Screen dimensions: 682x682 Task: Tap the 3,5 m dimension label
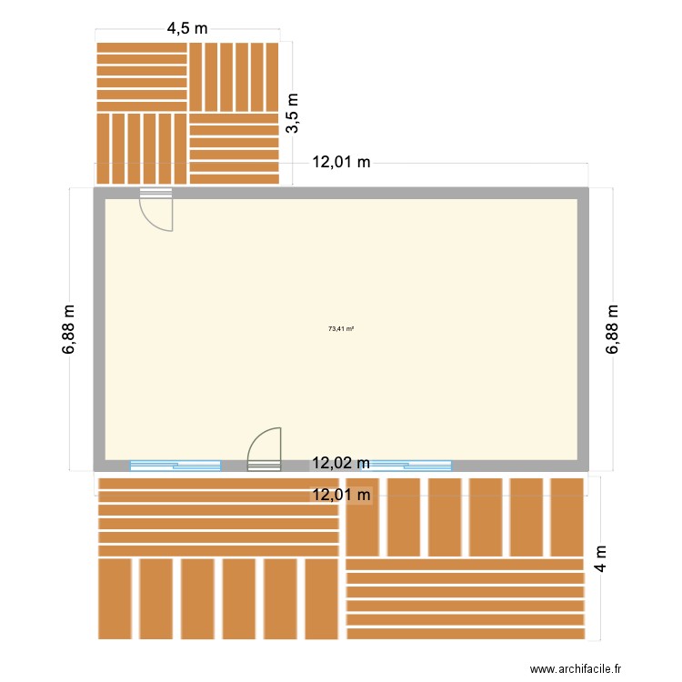pos(293,113)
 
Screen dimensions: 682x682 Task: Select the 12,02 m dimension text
pos(341,463)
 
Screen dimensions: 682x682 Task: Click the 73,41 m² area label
pos(341,329)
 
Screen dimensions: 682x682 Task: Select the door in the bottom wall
pos(265,451)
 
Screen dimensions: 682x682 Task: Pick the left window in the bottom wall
pos(176,466)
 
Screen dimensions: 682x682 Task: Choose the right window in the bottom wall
pos(411,466)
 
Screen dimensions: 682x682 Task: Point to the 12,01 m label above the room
pos(341,163)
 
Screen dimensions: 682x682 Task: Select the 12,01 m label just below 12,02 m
pos(341,495)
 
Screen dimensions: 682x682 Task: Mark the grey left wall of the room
pos(99,329)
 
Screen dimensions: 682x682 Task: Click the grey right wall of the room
pos(583,329)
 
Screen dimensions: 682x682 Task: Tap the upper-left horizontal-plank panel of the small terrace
pos(142,76)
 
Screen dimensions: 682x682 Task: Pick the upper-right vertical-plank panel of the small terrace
pos(234,76)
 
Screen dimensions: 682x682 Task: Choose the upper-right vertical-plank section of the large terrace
pos(464,517)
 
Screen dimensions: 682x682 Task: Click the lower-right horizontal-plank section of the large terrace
pos(464,598)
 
